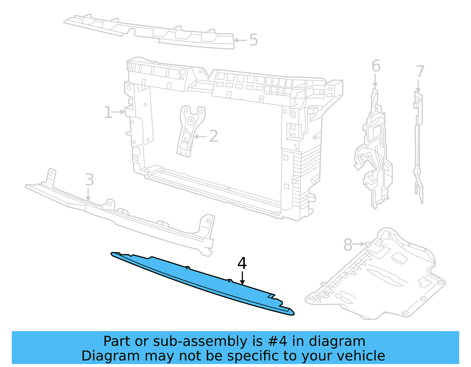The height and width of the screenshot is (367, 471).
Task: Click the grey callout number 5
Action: point(253,40)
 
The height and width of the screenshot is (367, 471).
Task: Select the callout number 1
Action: point(108,113)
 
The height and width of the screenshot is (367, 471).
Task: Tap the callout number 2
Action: point(213,136)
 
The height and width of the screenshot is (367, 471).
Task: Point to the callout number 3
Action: point(89,180)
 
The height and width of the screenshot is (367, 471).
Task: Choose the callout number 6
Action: point(376,66)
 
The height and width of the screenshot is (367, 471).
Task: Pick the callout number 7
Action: point(420,72)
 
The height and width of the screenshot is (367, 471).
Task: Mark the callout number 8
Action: point(348,245)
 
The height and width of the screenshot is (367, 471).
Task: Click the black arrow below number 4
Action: point(242,278)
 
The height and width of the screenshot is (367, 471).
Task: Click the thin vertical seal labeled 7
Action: point(418,147)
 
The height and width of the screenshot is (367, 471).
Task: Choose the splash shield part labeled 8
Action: point(383,279)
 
